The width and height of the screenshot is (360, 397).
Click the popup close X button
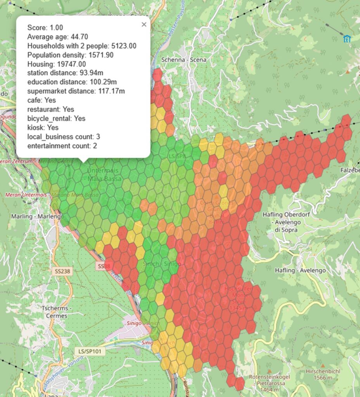pos(144,24)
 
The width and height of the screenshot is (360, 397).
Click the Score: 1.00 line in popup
pos(45,28)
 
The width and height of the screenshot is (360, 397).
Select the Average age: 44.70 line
pos(57,37)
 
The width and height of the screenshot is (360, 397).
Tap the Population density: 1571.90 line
pos(70,55)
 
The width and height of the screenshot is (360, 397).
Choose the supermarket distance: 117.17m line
pos(76,91)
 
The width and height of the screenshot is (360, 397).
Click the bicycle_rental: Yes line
pos(56,118)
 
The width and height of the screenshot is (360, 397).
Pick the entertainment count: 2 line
pos(62,146)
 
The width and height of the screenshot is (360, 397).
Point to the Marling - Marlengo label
pos(38,216)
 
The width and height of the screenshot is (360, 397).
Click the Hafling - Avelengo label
pos(300,270)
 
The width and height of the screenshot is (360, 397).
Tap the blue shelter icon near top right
pos(347,38)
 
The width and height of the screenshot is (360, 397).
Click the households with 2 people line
pos(81,46)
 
